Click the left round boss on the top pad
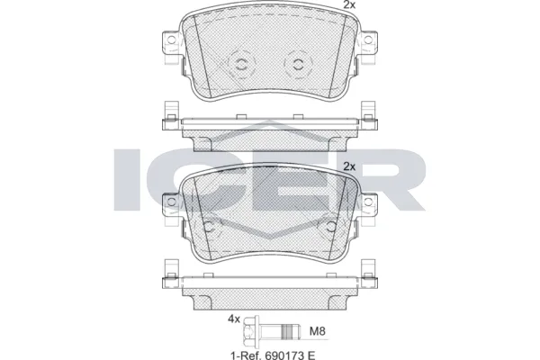[240, 63]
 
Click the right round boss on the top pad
[296, 63]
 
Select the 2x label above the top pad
[349, 6]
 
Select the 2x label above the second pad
[349, 166]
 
